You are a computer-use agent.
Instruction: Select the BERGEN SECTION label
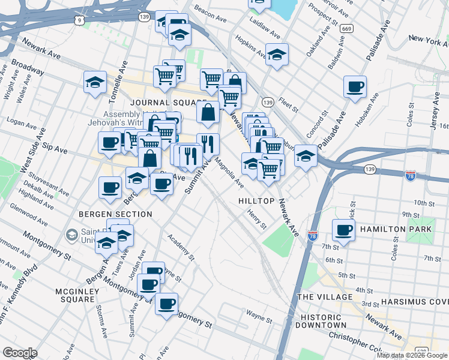[x=114, y=214]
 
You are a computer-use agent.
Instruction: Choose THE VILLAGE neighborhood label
[x=325, y=297]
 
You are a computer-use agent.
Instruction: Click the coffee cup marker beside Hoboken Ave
[x=355, y=86]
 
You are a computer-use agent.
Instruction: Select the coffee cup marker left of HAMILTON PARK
[x=345, y=230]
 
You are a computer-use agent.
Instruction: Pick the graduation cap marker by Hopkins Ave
[x=277, y=54]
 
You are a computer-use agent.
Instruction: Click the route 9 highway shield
[x=79, y=20]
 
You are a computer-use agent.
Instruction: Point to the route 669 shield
[x=346, y=28]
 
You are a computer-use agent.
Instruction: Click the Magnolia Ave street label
[x=229, y=171]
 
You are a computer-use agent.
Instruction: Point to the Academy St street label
[x=181, y=248]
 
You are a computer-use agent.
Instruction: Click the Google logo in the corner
[x=20, y=353]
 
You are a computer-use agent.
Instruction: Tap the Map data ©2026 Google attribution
[x=412, y=355]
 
